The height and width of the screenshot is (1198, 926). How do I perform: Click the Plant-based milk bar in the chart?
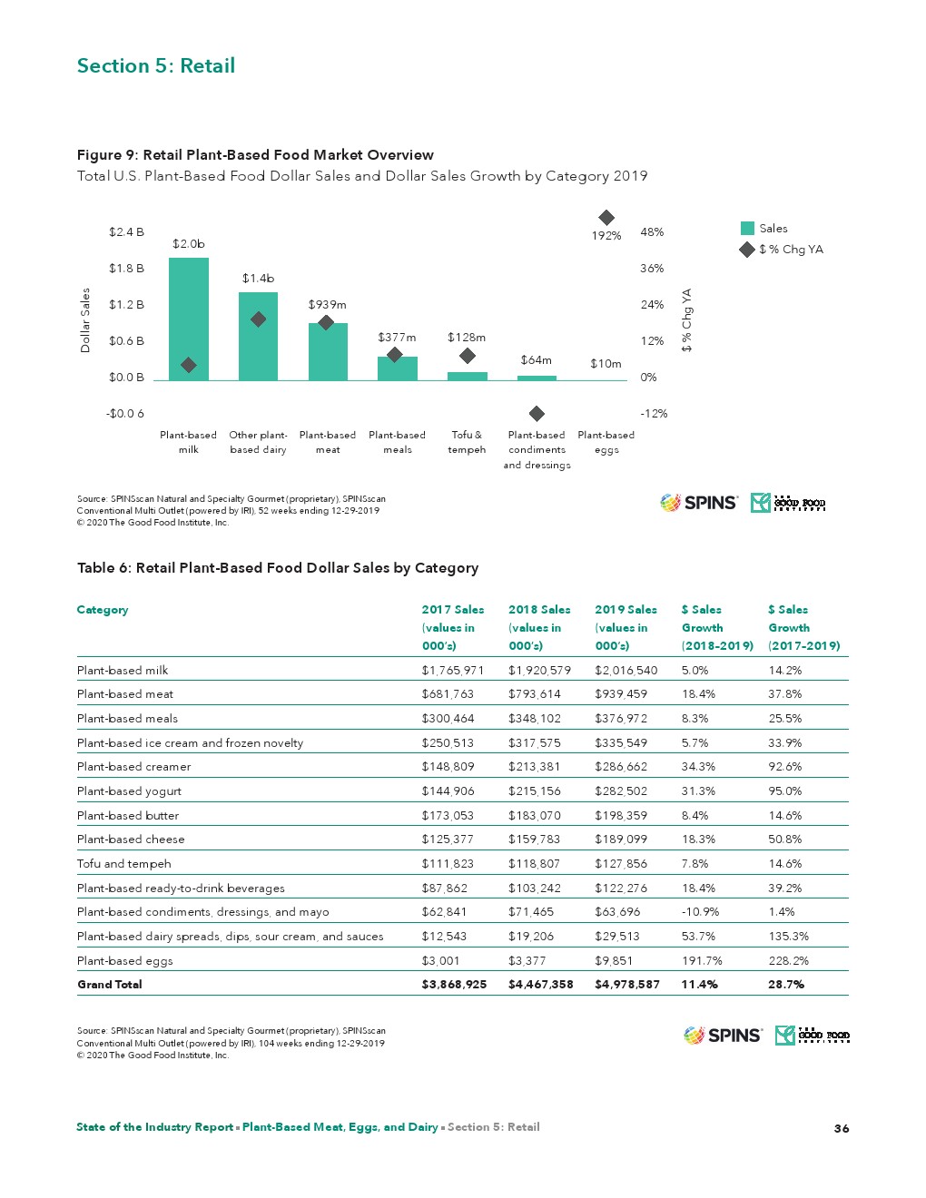[x=189, y=318]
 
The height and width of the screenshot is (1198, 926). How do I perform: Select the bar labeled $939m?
[x=328, y=352]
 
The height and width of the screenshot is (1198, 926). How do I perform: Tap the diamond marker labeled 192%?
[x=606, y=218]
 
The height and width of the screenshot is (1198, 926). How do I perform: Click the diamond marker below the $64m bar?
[x=537, y=414]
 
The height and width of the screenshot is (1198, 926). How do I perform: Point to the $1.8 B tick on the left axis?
[x=126, y=269]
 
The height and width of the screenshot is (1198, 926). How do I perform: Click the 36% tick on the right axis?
[x=652, y=269]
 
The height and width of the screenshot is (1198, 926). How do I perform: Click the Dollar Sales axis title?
[x=85, y=320]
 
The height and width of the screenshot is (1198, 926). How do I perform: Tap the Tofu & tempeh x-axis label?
[x=467, y=442]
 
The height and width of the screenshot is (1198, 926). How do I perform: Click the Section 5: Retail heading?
[x=156, y=66]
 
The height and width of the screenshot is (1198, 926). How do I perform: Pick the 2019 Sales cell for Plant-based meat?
[x=621, y=694]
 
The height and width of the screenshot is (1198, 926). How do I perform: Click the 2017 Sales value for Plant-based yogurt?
[x=448, y=791]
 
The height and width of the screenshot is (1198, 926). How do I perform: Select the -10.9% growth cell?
[x=700, y=912]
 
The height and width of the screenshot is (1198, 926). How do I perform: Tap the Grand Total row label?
[x=110, y=985]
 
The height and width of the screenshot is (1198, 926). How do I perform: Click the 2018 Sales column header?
[x=539, y=627]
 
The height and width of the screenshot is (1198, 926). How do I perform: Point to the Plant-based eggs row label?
[x=124, y=961]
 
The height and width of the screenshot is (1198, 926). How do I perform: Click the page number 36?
[x=842, y=1128]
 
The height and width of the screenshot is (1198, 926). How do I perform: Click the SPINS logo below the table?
[x=724, y=1036]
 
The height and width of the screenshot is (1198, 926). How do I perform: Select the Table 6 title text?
[x=278, y=568]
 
